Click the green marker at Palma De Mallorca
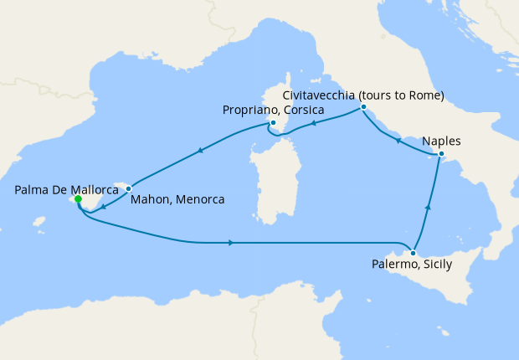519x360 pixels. [77, 200]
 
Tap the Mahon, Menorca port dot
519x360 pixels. [128, 189]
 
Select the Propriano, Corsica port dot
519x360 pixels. [273, 123]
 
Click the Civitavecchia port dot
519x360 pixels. [363, 107]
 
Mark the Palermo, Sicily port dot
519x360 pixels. [413, 252]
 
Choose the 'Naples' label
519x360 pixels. [441, 141]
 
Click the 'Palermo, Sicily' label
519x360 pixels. [411, 265]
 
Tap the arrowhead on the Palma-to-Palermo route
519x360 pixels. [230, 243]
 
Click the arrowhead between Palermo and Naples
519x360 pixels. [429, 207]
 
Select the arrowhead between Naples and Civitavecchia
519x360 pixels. [398, 141]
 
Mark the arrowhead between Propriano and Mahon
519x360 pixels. [200, 152]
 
